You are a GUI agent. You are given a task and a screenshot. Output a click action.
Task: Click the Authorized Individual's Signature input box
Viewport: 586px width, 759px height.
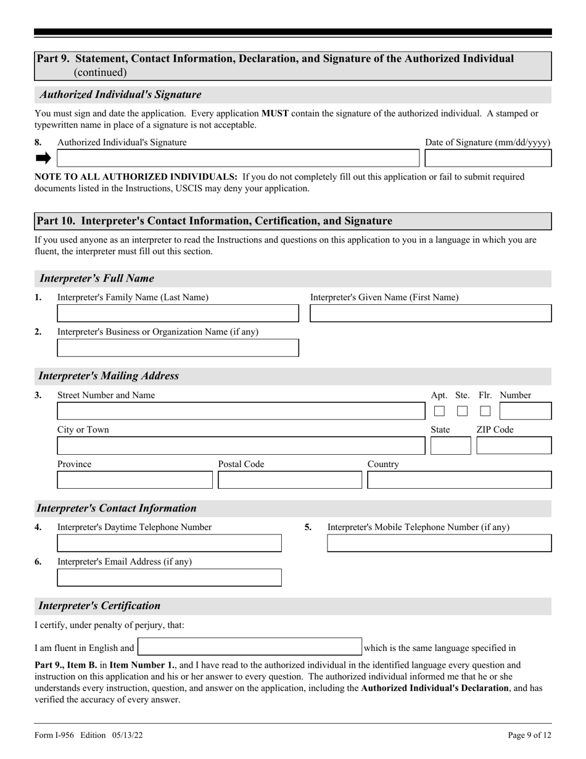(x=238, y=159)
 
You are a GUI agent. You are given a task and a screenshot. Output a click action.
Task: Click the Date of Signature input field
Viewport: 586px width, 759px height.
(x=489, y=159)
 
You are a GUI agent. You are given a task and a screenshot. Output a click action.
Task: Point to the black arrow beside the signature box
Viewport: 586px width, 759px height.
(x=43, y=159)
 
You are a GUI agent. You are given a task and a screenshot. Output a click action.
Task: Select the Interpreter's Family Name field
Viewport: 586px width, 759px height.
(x=178, y=313)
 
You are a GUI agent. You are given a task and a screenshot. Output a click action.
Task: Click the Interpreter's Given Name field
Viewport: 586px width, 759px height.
(x=431, y=313)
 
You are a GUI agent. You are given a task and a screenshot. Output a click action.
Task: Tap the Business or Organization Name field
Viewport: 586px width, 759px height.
(x=178, y=348)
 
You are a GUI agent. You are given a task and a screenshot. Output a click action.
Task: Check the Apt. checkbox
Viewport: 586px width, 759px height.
(x=439, y=411)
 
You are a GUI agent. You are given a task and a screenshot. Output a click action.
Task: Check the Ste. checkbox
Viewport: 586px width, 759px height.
(x=462, y=411)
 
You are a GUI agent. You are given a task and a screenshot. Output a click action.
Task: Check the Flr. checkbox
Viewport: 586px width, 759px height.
(x=485, y=411)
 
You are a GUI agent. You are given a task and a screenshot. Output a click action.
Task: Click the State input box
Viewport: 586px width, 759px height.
(x=450, y=446)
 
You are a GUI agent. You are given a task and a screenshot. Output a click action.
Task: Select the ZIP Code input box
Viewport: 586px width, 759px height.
(x=514, y=446)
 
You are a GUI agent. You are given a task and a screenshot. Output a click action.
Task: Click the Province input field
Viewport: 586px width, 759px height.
(x=135, y=480)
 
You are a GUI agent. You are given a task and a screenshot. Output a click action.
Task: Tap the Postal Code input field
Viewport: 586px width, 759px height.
(x=290, y=480)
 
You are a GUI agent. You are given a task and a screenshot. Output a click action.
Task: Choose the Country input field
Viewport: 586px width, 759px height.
(x=460, y=480)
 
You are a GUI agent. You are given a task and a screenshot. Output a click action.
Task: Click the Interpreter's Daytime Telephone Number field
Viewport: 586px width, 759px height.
(x=169, y=543)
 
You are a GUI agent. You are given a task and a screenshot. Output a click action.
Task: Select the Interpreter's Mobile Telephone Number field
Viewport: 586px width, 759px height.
(x=439, y=543)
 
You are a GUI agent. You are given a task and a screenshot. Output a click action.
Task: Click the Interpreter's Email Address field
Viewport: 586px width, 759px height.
(x=169, y=578)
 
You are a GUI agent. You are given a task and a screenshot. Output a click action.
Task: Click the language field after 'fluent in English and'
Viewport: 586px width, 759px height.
(x=249, y=647)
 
